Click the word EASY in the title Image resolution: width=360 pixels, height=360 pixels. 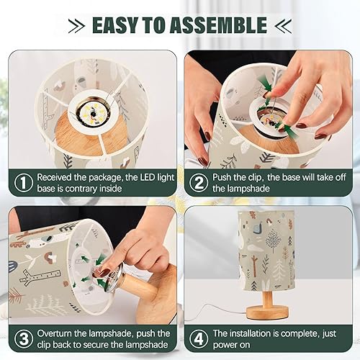coord(117,25)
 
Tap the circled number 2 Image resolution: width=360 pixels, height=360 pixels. coord(196,184)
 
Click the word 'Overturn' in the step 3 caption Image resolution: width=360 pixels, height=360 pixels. coord(59,334)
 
